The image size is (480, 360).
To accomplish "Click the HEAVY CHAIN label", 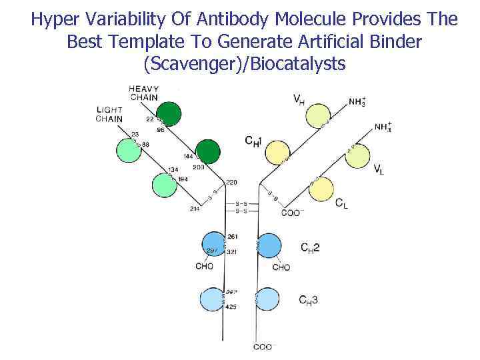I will (143, 93).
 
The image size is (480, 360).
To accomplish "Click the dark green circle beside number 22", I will (169, 114).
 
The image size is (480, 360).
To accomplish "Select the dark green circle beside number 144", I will (207, 153).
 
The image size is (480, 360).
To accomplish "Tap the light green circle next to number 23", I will (129, 151).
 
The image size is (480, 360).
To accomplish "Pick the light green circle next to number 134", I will (164, 185).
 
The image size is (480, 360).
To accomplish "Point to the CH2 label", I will (310, 248).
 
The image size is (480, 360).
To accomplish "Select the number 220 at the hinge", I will (231, 182).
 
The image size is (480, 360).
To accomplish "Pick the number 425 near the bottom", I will (232, 307).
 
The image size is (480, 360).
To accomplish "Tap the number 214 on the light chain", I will (194, 210).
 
